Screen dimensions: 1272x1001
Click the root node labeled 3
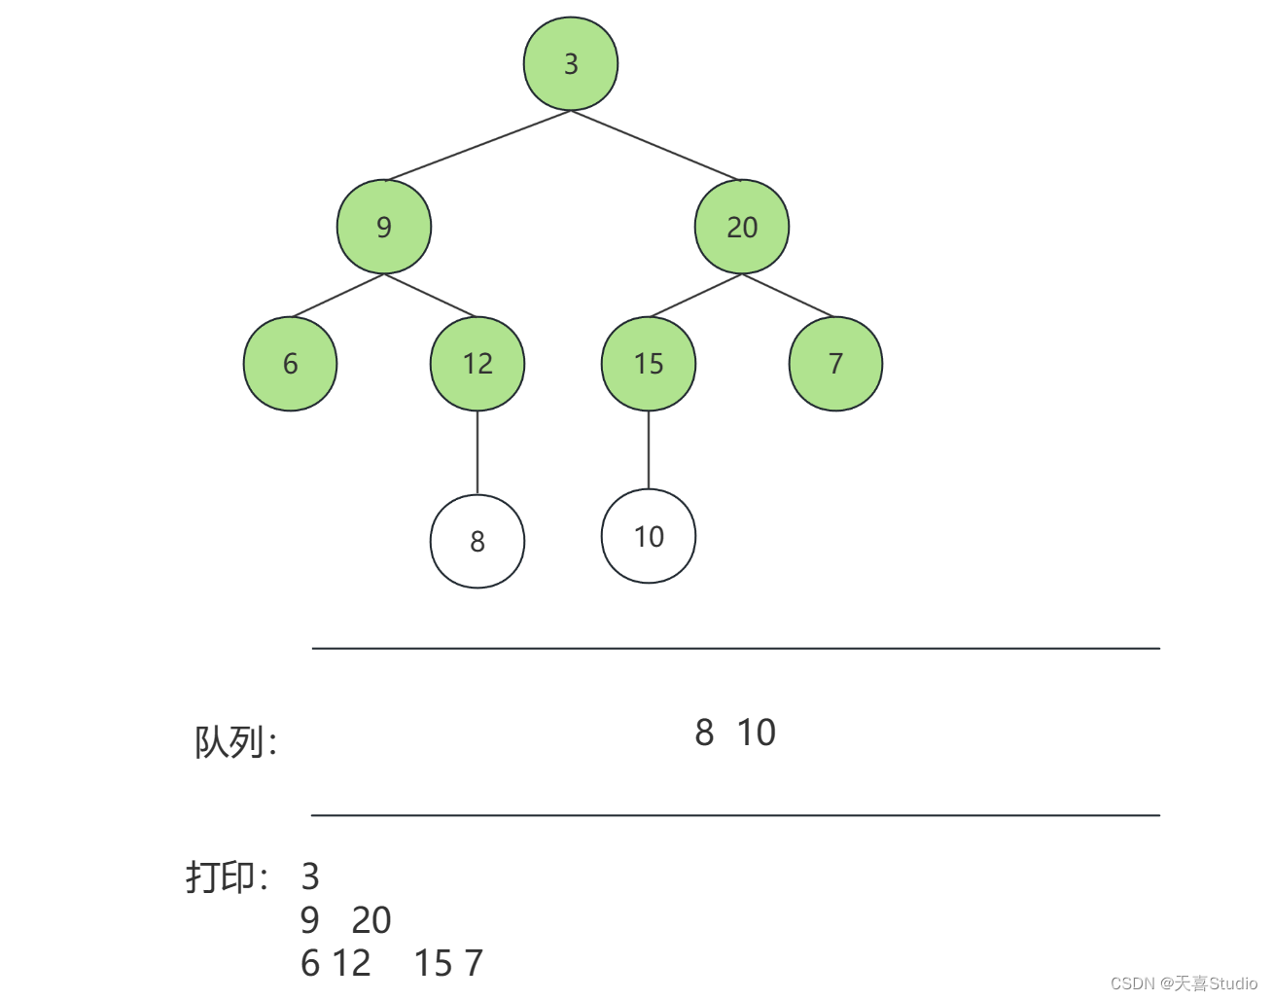(x=571, y=63)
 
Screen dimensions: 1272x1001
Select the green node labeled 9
(x=384, y=227)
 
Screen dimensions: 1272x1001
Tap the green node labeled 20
(x=742, y=227)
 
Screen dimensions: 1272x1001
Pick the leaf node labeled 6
(x=290, y=364)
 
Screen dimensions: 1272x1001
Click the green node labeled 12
(x=477, y=364)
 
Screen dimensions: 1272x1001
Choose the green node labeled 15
(x=649, y=364)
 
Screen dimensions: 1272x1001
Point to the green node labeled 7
(x=835, y=364)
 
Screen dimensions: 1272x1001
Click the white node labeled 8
(x=477, y=541)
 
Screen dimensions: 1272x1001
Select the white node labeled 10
(x=649, y=536)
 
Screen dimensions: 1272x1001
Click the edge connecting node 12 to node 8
(x=477, y=452)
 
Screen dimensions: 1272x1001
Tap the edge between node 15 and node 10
(x=649, y=449)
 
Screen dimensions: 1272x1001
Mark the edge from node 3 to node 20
(x=656, y=146)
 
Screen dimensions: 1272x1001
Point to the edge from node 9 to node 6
(x=337, y=296)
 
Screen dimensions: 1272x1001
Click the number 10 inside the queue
(x=756, y=733)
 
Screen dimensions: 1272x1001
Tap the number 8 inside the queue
(x=704, y=733)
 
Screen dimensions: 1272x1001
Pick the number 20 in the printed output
(x=371, y=919)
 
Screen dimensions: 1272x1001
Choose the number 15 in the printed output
(x=433, y=963)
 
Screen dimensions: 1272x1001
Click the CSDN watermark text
(x=1184, y=983)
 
